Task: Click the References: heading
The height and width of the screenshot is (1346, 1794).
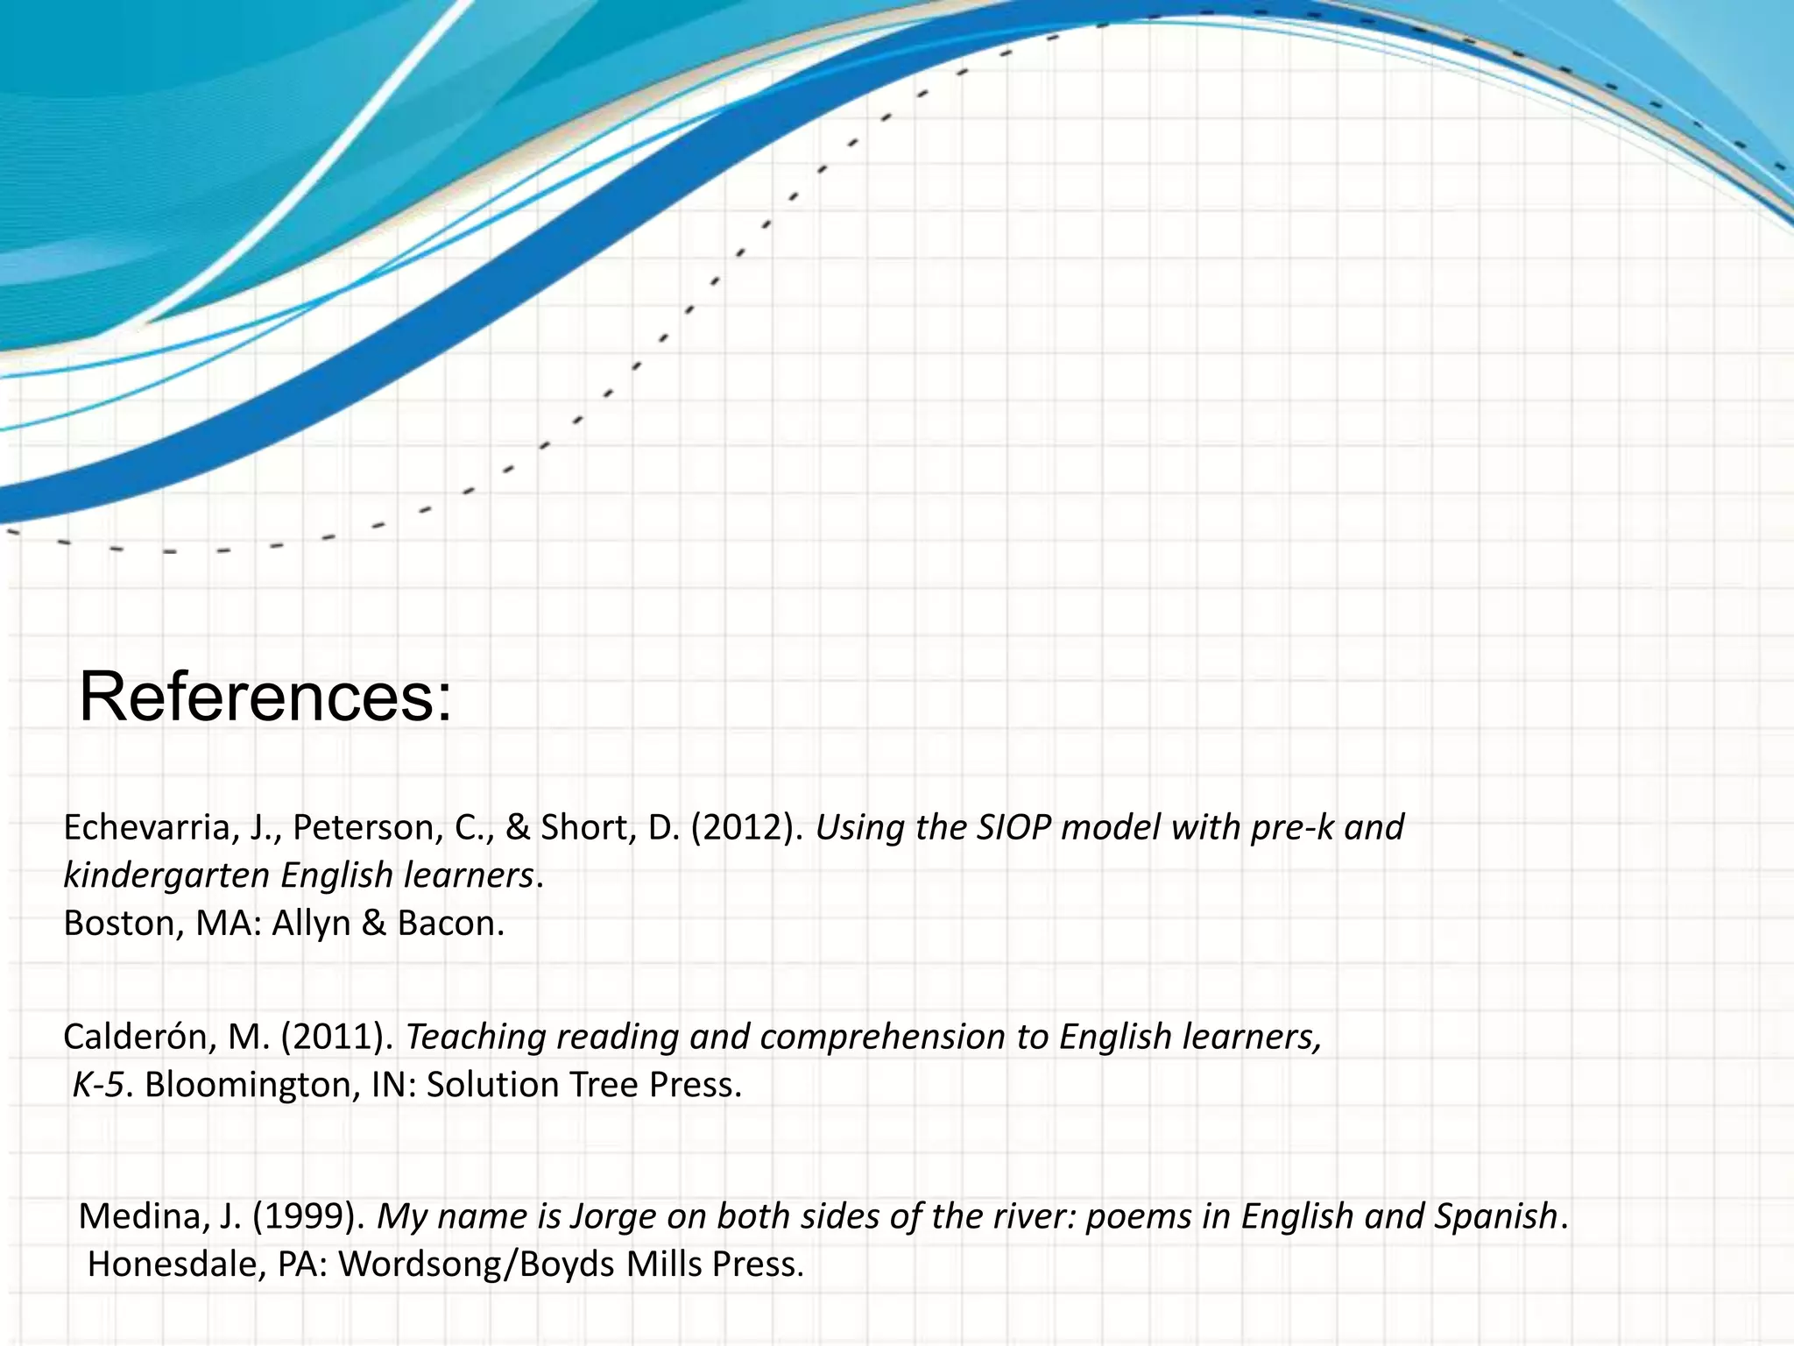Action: [x=265, y=698]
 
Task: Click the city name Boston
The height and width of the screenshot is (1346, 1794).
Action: [x=118, y=924]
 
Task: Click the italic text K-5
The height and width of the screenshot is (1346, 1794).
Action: [x=98, y=1086]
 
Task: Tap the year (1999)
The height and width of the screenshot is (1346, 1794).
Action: [x=309, y=1217]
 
